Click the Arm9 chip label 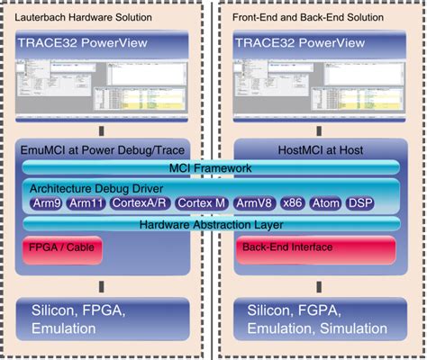[46, 203]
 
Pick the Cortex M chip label [201, 203]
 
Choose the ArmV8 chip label [257, 203]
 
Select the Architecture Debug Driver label [97, 188]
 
